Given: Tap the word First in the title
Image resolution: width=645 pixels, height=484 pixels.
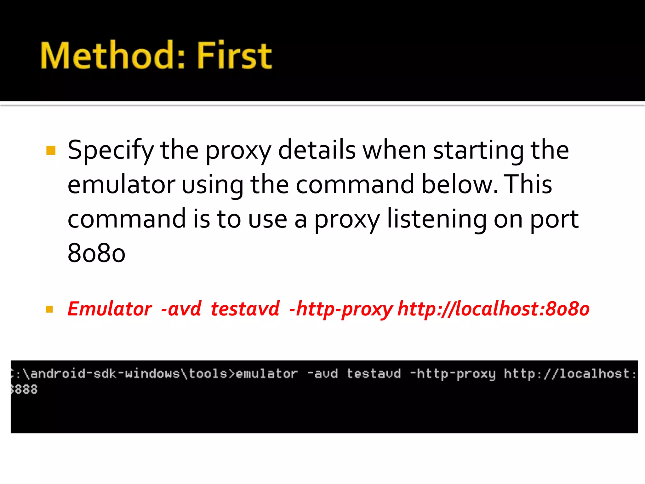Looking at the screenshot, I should click(234, 56).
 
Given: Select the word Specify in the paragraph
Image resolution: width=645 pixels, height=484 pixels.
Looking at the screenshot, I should click(111, 151).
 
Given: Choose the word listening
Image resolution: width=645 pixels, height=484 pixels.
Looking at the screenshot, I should click(437, 219).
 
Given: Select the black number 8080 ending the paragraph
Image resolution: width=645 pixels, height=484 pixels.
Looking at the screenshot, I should click(96, 253).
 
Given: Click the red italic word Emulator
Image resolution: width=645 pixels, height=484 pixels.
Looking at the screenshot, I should click(110, 308).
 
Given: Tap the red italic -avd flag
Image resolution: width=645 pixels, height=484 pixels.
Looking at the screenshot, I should click(181, 308).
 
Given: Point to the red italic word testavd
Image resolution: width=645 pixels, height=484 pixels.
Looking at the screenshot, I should click(245, 308).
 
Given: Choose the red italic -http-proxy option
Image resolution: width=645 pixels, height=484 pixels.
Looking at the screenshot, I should click(341, 309).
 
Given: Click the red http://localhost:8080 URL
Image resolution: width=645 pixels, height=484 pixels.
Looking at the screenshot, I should click(493, 308).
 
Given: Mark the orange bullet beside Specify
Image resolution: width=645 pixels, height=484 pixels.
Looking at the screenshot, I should click(51, 151).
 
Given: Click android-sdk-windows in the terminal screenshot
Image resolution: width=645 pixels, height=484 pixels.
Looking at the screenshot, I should click(105, 374).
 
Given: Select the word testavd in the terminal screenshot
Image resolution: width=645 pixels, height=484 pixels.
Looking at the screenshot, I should click(374, 374).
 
